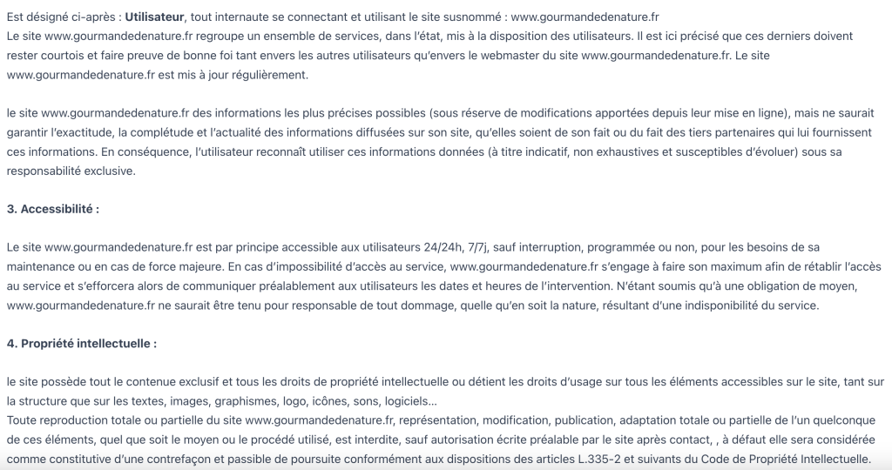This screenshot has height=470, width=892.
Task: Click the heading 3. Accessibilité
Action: (x=52, y=209)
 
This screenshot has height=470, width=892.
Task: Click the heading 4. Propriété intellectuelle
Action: (x=81, y=343)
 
